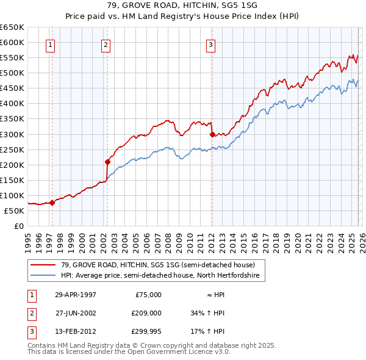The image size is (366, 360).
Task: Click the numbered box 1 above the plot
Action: tap(49, 44)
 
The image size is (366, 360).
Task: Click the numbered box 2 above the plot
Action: tap(106, 44)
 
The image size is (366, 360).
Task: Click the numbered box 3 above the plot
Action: tap(210, 44)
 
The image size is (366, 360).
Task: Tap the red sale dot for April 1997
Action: tap(52, 203)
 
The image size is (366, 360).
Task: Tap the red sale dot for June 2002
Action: tap(107, 162)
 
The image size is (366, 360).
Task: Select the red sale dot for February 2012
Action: tap(212, 134)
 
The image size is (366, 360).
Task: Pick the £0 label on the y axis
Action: tap(19, 226)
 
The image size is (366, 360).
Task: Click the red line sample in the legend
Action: tap(43, 264)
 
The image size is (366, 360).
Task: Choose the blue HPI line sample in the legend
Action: tap(43, 276)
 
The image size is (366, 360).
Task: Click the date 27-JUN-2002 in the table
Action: tap(75, 314)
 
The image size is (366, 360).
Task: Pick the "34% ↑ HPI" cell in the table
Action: tap(208, 314)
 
